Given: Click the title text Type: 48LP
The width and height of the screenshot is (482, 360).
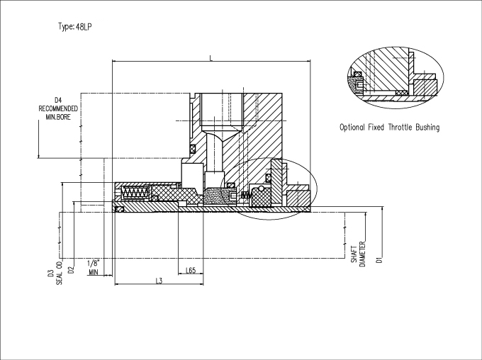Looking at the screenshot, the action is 75,27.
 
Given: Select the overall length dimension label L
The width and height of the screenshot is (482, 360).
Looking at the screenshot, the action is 211,58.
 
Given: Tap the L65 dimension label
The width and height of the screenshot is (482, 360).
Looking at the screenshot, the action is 191,270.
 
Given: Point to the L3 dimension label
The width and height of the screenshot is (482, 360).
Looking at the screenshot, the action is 159,281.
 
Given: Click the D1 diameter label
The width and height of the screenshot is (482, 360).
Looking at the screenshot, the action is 379,259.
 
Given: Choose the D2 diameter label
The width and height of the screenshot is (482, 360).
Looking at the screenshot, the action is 71,269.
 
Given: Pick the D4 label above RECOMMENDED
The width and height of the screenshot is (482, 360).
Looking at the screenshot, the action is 58,100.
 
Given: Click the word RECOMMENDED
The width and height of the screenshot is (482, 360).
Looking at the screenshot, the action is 58,109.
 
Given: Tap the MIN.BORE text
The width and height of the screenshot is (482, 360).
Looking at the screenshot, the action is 58,117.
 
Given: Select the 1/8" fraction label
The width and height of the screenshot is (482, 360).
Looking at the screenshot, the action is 94,264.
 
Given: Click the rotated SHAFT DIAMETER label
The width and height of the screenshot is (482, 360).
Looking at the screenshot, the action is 359,254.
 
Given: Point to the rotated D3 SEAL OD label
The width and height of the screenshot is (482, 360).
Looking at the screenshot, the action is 55,274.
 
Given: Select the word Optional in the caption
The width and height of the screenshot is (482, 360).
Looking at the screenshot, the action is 352,128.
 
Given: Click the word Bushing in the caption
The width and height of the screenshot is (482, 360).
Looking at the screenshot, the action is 427,128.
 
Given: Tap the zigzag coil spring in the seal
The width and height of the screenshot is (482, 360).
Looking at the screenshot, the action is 135,193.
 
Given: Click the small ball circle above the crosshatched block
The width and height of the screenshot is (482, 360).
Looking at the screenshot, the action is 261,188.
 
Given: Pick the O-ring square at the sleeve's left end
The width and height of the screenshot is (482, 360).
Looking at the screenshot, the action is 119,209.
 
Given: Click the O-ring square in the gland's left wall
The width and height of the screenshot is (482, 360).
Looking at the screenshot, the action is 192,149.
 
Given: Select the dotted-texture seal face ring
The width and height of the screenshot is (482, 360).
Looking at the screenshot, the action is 215,196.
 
